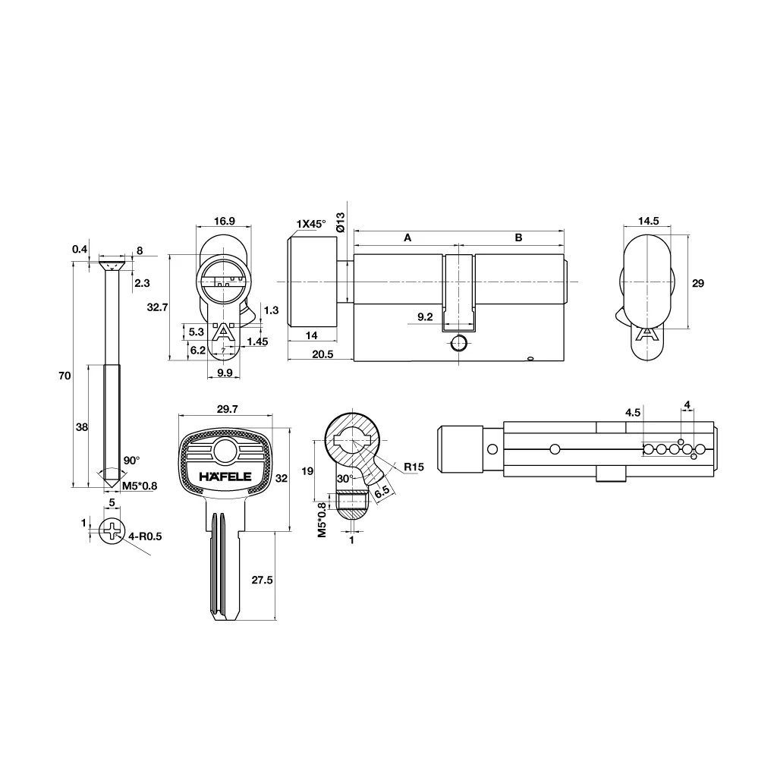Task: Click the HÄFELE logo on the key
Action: [225, 477]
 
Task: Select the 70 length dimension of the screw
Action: [65, 376]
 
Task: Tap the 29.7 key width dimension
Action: [228, 409]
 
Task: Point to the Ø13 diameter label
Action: [340, 222]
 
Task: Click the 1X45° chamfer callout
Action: [310, 224]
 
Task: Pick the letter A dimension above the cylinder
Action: [407, 238]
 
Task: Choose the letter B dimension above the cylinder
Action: [518, 238]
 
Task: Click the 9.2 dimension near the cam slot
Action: [425, 316]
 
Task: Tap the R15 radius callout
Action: [414, 467]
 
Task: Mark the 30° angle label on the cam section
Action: [345, 479]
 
